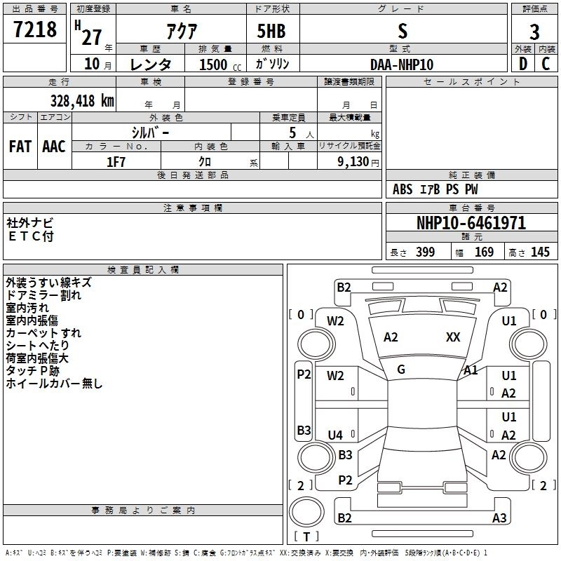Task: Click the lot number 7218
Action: [34, 31]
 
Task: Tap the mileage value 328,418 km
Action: [81, 101]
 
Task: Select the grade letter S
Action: [402, 31]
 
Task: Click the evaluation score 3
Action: [534, 32]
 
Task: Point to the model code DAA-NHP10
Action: [402, 65]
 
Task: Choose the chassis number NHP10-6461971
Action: [471, 224]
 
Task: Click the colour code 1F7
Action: [116, 161]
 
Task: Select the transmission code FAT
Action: [20, 147]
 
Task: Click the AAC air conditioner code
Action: [54, 147]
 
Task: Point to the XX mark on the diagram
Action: [453, 337]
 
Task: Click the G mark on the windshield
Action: [401, 370]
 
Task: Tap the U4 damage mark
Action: [336, 435]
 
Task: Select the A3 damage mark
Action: [499, 518]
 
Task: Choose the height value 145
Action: [540, 252]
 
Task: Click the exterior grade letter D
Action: [522, 64]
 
